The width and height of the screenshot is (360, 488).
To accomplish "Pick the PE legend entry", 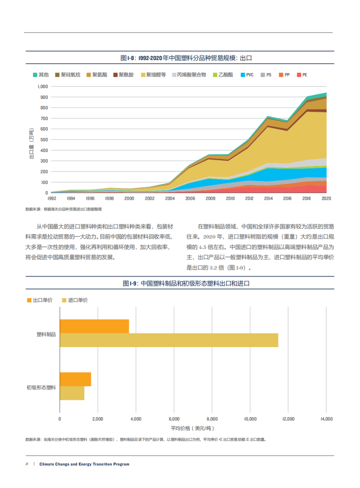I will coord(304,75).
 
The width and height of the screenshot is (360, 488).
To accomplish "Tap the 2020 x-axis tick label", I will coord(326,199).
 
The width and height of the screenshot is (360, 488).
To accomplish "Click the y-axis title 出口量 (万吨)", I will coord(31,144).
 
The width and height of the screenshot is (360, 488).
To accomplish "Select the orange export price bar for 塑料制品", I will coord(94,326).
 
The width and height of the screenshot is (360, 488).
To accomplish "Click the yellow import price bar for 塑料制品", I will coord(169,340).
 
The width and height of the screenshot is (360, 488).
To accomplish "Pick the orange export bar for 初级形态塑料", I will coord(76,379).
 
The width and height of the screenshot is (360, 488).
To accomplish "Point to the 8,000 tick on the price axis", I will coord(212,419).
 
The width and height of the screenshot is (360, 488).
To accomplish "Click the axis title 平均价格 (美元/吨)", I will coord(193,428).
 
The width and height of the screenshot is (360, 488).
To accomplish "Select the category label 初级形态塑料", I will coord(41,387).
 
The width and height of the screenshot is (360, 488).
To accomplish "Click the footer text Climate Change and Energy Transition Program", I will coord(84,464).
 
